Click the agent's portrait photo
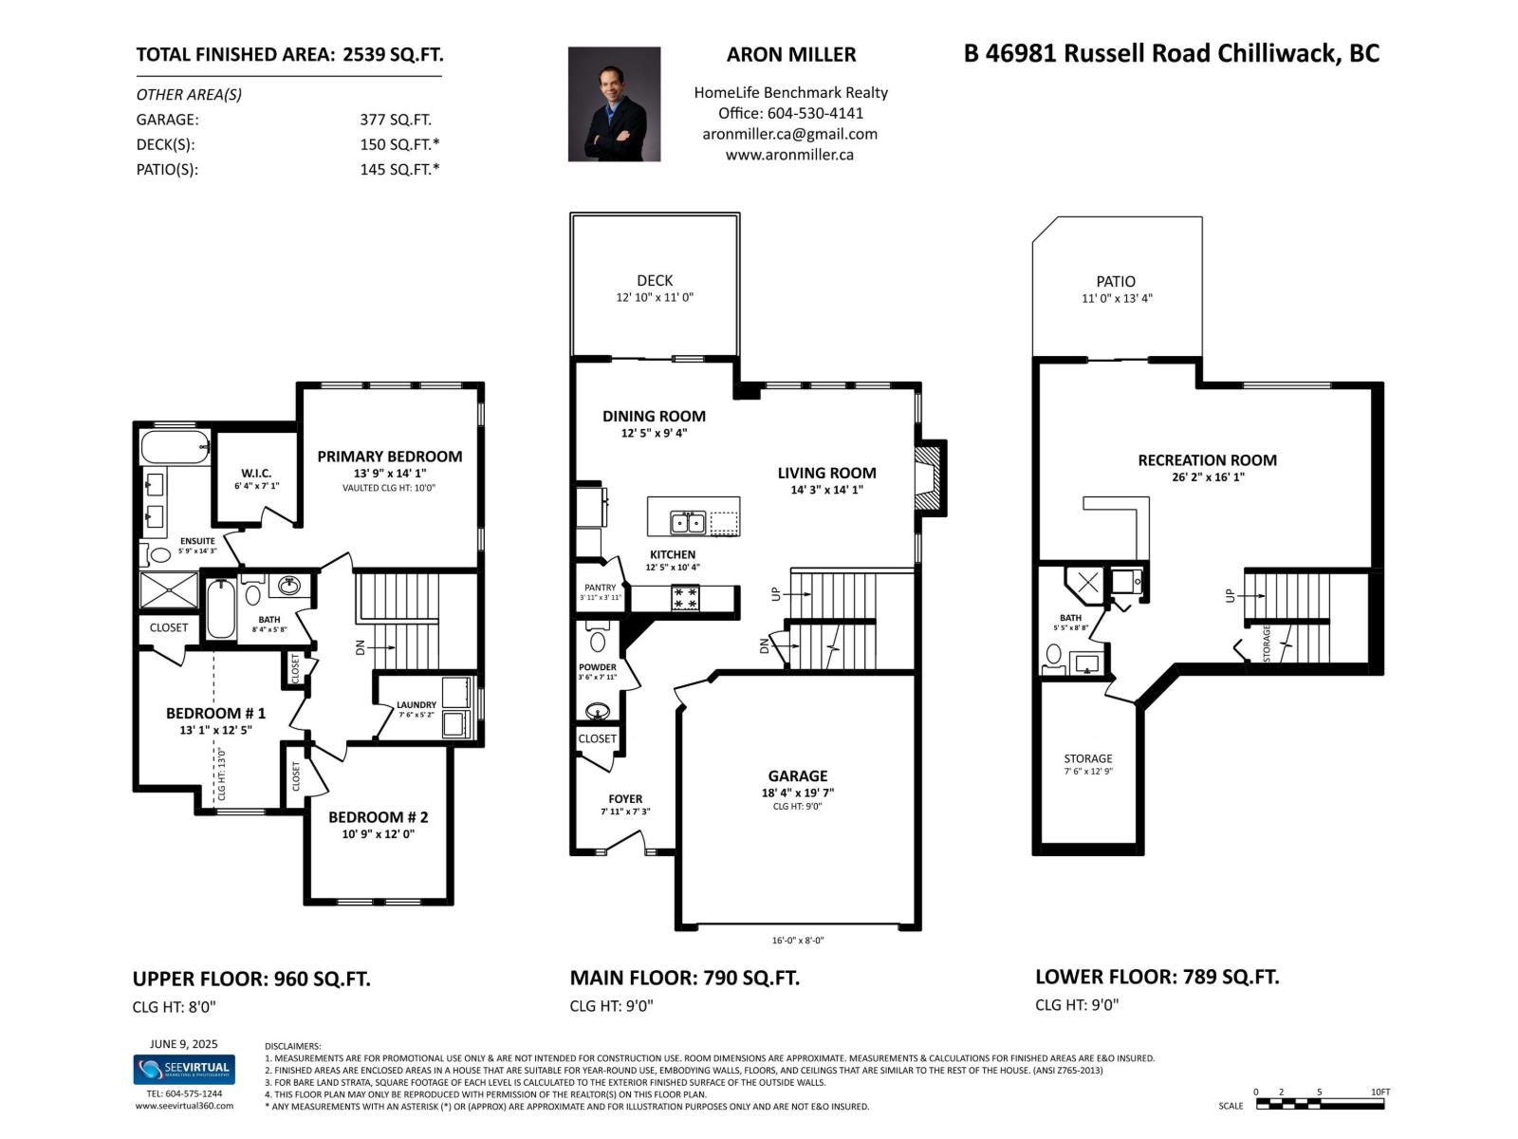tap(614, 104)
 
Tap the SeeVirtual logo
tap(183, 1069)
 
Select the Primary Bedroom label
tap(389, 457)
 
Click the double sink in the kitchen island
tap(688, 522)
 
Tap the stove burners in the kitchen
tap(685, 598)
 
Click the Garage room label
tap(797, 775)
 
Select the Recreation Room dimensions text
tap(1207, 477)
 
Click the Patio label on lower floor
tap(1115, 281)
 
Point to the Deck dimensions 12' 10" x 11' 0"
tap(655, 297)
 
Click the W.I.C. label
tap(256, 473)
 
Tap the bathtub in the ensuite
tap(175, 446)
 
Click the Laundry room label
tap(417, 705)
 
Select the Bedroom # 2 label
tap(378, 817)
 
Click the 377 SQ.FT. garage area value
tap(395, 120)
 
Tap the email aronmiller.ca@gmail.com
tap(789, 134)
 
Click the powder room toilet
tap(597, 638)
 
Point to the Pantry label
tap(600, 588)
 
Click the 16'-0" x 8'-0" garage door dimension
tap(797, 941)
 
